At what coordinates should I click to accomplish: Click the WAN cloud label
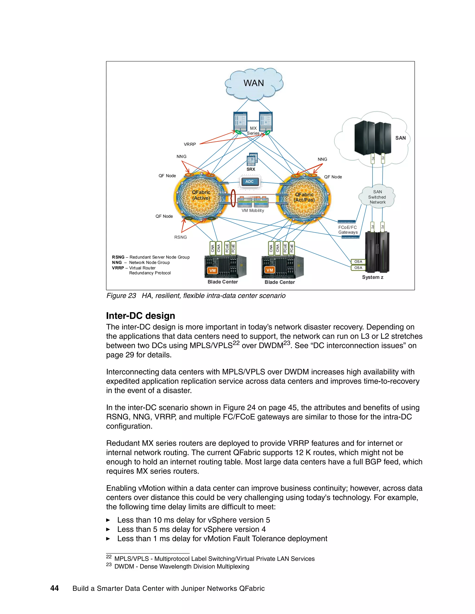254,83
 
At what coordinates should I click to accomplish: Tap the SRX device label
251,169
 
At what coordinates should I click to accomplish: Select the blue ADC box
249,182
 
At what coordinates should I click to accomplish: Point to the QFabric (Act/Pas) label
304,197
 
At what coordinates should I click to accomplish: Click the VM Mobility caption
253,211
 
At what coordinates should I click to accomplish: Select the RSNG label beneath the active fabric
180,237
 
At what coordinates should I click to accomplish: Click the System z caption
372,277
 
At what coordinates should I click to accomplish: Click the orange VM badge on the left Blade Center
212,270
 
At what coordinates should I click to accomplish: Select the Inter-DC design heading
140,316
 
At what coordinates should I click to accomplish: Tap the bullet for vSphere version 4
108,529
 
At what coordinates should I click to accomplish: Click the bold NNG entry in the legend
117,263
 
